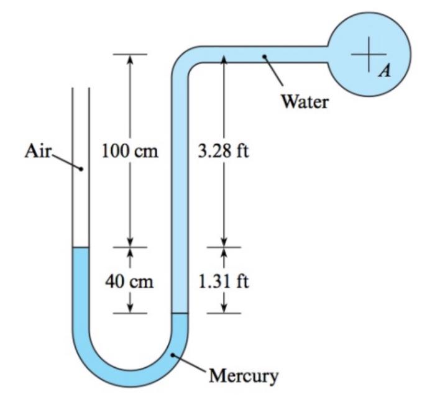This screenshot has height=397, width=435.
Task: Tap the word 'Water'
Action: click(304, 101)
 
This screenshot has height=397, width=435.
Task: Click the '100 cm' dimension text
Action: click(130, 151)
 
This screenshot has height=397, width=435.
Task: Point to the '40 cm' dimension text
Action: click(129, 281)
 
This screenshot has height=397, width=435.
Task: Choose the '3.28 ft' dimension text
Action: click(224, 151)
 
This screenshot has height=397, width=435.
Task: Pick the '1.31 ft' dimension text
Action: click(224, 281)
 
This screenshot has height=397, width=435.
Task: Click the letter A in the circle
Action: click(386, 71)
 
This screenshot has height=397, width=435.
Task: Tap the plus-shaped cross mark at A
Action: click(368, 52)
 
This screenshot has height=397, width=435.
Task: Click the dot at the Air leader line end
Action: click(81, 169)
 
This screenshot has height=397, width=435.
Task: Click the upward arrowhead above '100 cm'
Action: click(130, 59)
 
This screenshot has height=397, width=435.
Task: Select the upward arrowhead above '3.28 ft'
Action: click(224, 59)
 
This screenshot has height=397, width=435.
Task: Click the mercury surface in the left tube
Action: click(81, 248)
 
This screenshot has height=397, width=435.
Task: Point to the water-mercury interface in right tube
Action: click(179, 314)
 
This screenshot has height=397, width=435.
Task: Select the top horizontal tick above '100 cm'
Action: click(130, 54)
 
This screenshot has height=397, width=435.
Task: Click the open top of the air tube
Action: click(81, 89)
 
